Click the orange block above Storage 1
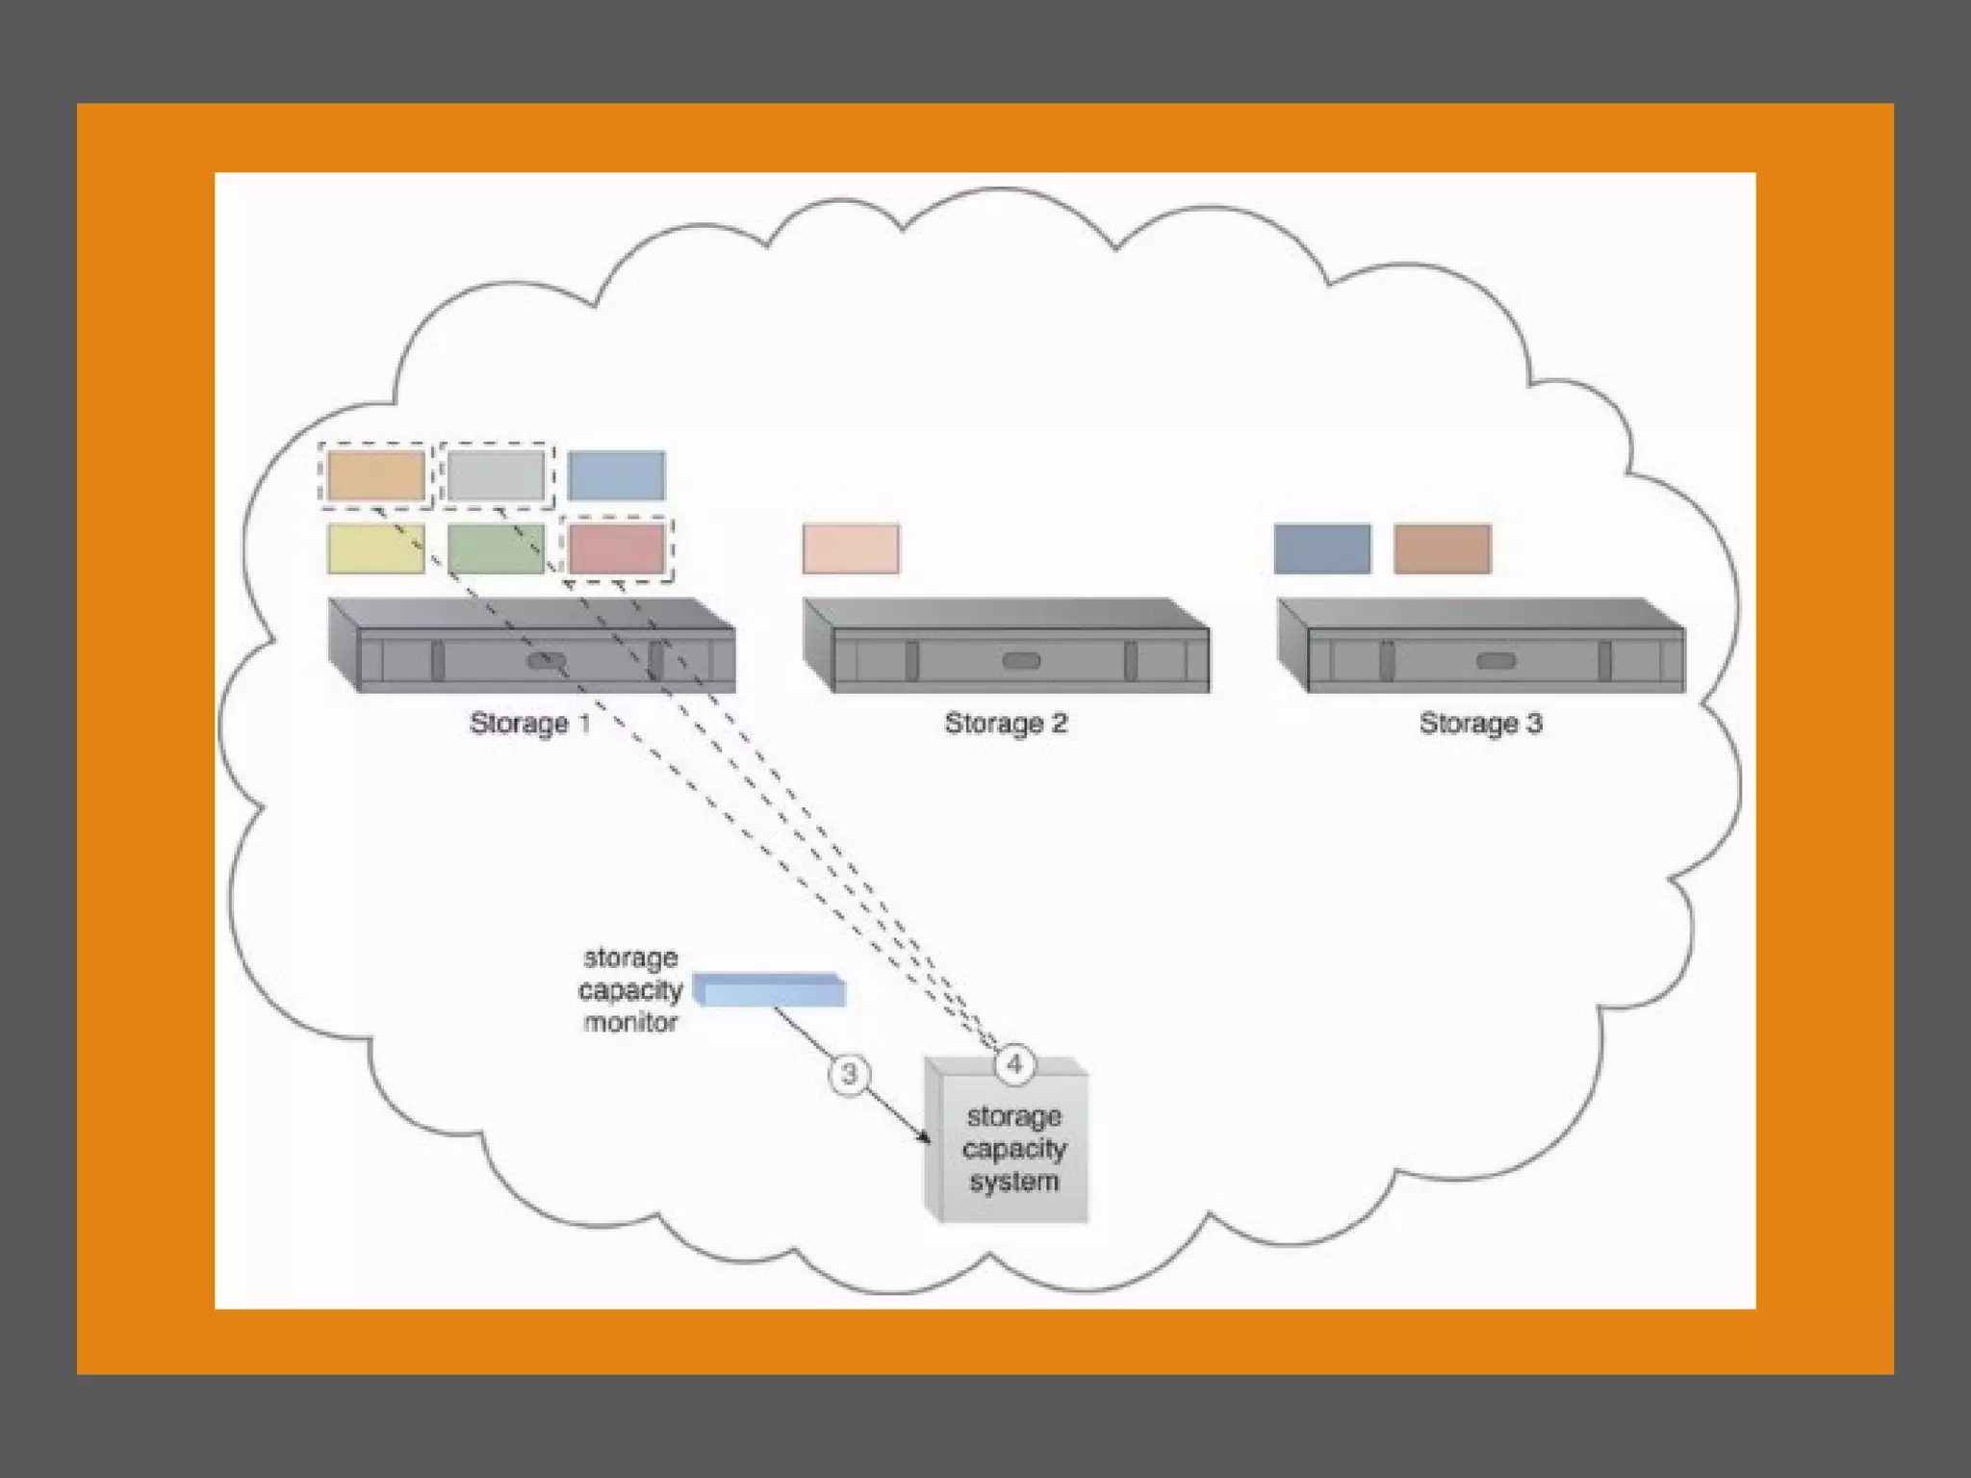click(x=376, y=475)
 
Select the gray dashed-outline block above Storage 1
click(x=497, y=475)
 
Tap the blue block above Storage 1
click(x=616, y=475)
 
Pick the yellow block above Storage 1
click(x=376, y=548)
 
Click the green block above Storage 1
click(x=497, y=548)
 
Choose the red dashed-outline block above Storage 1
click(x=617, y=548)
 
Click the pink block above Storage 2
click(x=851, y=548)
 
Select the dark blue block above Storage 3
click(x=1322, y=548)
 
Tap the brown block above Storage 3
click(x=1443, y=548)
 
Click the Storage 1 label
click(x=530, y=723)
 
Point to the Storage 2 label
click(x=1006, y=723)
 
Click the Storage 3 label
click(x=1480, y=723)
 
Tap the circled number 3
click(x=849, y=1074)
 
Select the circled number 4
click(x=1013, y=1064)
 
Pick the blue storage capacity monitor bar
click(x=770, y=990)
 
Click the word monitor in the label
click(x=630, y=1022)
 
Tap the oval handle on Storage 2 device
click(x=1021, y=661)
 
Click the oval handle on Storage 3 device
click(x=1496, y=661)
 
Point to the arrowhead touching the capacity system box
click(x=926, y=1138)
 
